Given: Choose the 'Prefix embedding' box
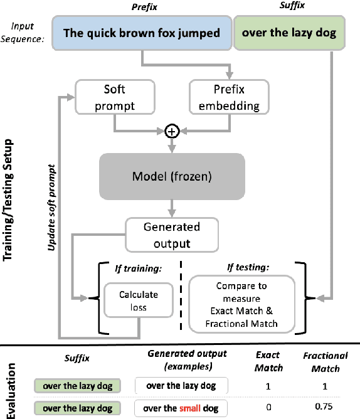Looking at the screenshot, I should [224, 97].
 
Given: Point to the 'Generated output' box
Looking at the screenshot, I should [172, 233].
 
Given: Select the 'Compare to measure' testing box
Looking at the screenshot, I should [243, 305].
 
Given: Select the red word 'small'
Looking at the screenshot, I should [189, 408].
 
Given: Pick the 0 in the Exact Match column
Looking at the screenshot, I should [268, 408].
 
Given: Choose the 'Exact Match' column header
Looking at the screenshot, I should [268, 362].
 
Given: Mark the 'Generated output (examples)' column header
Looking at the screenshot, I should [182, 359].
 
